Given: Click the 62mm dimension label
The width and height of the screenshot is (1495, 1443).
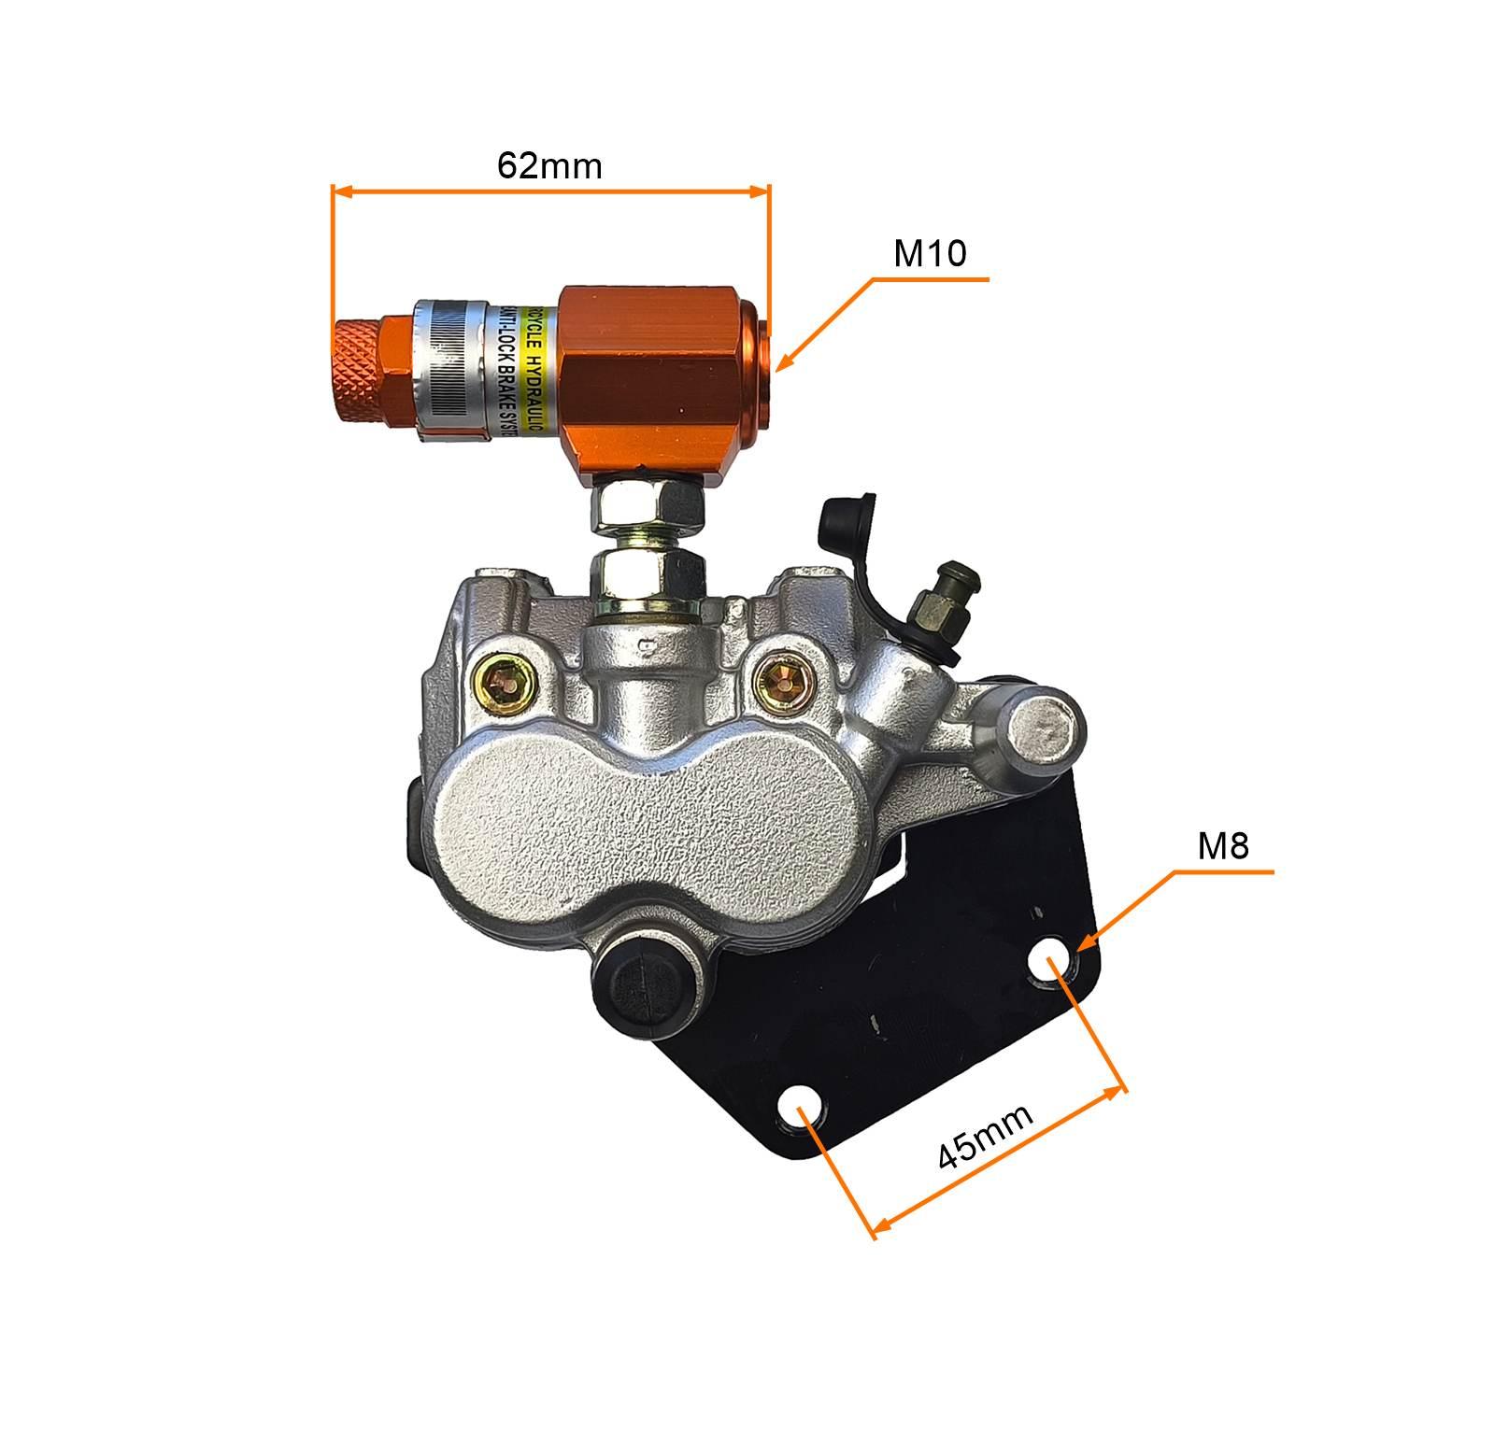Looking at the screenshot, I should (x=549, y=165).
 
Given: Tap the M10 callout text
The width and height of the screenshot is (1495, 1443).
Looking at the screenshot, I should (x=930, y=254).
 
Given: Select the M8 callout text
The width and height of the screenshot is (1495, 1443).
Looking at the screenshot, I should (x=1223, y=846).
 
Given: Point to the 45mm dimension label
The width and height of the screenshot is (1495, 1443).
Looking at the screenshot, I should (x=986, y=1138).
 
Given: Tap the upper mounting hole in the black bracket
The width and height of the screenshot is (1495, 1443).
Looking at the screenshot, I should (x=1048, y=965).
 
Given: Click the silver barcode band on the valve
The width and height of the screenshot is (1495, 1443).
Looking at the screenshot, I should (x=448, y=368).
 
